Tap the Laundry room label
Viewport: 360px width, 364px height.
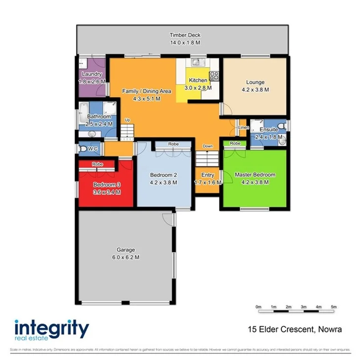(91, 75)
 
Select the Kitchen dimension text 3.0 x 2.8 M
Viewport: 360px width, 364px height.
(198, 87)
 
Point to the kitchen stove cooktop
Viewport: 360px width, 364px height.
(215, 76)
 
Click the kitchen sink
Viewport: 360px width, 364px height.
(197, 63)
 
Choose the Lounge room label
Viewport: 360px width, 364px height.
(255, 82)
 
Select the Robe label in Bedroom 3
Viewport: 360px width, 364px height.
(97, 164)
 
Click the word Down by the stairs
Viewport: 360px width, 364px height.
(208, 147)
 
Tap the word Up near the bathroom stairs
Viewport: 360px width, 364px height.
(127, 120)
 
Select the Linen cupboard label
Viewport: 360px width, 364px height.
(243, 128)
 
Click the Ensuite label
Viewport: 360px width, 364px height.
(269, 129)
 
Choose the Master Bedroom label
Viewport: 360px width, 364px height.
(255, 175)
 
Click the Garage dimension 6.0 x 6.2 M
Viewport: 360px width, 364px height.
(125, 257)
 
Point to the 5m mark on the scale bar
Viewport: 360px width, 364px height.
(333, 307)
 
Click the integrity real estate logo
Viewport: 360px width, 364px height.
(51, 330)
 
